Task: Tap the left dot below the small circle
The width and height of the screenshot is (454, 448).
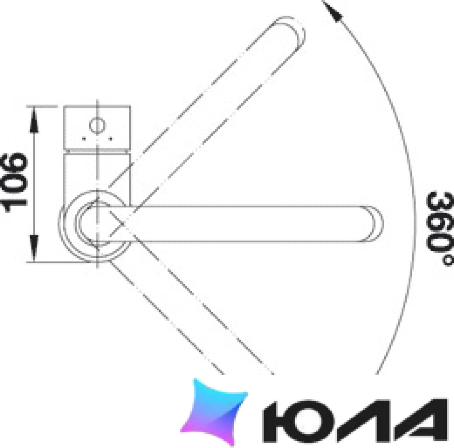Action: coord(84,139)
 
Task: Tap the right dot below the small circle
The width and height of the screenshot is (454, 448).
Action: coord(110,139)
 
